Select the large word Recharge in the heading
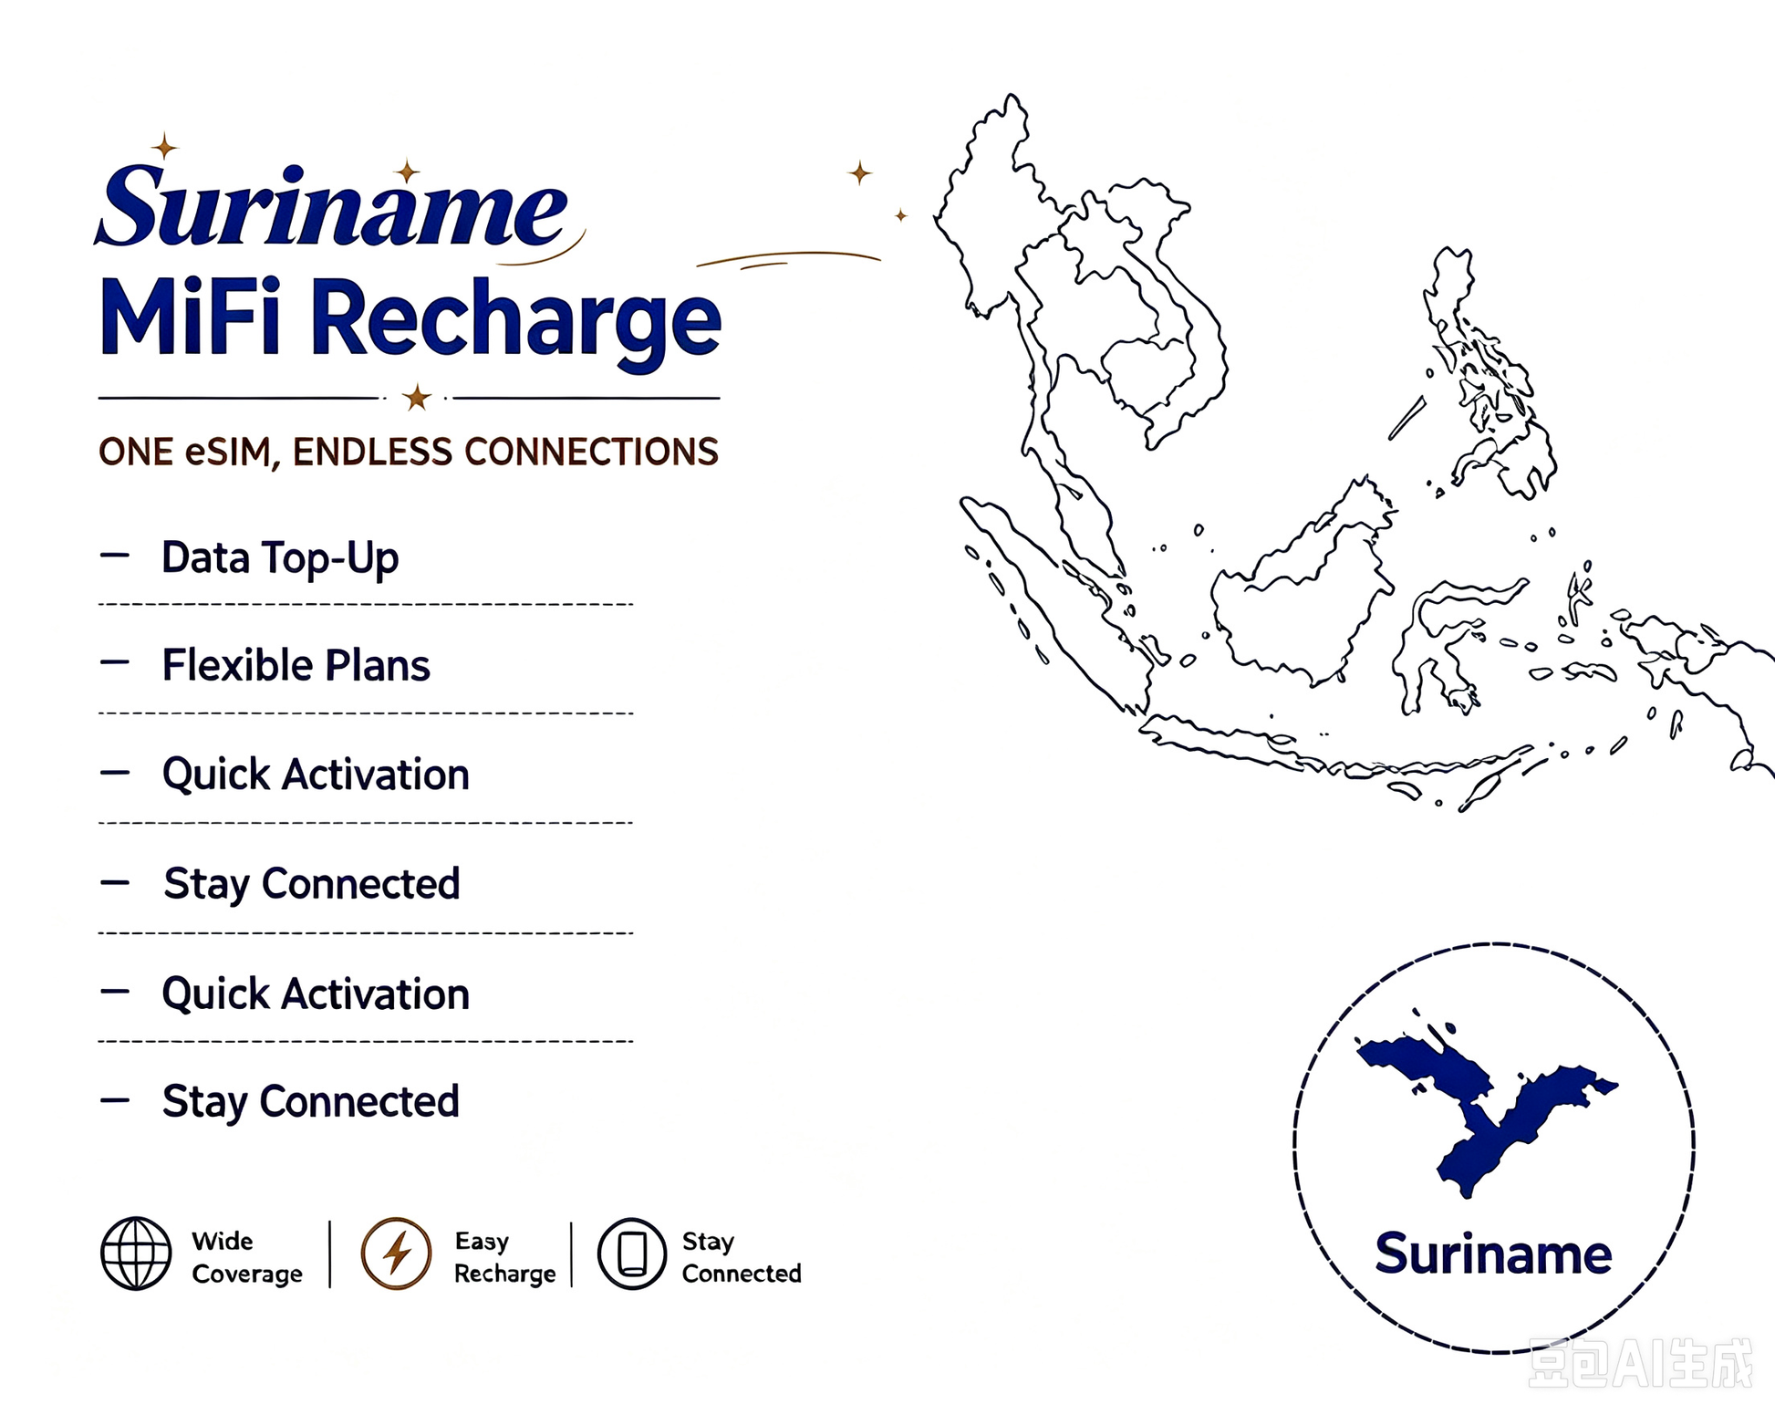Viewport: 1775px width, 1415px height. tap(515, 324)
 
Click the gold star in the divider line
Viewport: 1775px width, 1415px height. tap(417, 398)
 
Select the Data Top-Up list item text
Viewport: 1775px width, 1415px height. tap(280, 557)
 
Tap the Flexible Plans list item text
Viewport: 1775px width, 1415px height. tap(296, 665)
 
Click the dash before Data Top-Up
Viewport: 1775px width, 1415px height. tap(115, 554)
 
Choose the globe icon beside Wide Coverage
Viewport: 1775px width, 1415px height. tap(136, 1253)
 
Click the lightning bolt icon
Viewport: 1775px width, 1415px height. tap(396, 1253)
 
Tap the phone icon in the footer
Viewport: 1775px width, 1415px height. tap(632, 1253)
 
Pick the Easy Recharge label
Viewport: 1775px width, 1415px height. tap(504, 1257)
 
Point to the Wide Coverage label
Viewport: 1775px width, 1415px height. tap(247, 1257)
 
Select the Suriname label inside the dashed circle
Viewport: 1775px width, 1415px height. tap(1493, 1254)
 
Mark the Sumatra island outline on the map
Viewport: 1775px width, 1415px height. tap(1049, 602)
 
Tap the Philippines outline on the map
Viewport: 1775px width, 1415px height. tap(1487, 374)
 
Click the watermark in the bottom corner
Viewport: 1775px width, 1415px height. tap(1640, 1363)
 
